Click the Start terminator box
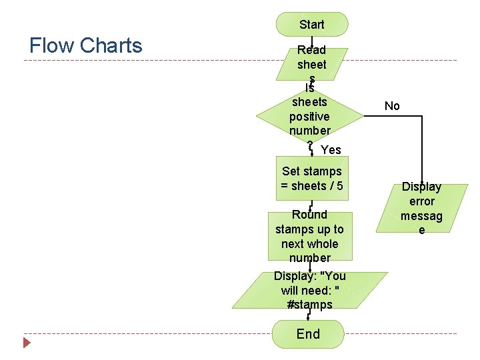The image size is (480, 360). point(312,25)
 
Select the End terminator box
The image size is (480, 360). point(309,334)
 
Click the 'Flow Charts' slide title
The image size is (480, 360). point(86,45)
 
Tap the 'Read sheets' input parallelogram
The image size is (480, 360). point(312,62)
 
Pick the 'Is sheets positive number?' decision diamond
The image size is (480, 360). point(310,113)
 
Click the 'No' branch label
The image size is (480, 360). point(392,106)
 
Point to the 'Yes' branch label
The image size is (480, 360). point(331,150)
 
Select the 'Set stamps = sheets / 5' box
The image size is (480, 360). point(312,179)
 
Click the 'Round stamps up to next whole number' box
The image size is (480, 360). point(310,236)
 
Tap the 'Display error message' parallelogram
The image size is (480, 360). point(421,209)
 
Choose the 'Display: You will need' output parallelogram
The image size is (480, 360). point(310,290)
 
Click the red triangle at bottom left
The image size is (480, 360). point(27,343)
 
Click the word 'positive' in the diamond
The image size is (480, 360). point(310,117)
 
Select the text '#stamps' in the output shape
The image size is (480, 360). point(310,305)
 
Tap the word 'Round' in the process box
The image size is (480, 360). point(310,215)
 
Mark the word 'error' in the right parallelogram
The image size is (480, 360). point(421,201)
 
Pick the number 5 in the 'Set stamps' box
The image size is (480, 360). point(340,186)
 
